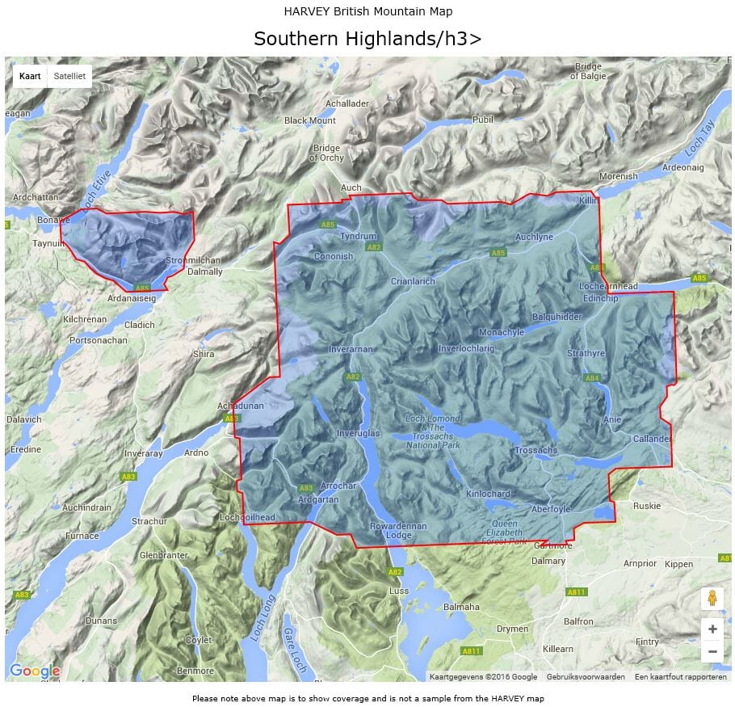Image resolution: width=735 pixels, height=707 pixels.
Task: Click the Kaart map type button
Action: pyautogui.click(x=30, y=76)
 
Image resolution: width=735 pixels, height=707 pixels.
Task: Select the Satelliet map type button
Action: pyautogui.click(x=69, y=76)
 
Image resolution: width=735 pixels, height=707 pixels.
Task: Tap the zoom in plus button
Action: pyautogui.click(x=712, y=629)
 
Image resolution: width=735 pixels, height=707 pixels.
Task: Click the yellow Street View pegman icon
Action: pyautogui.click(x=712, y=598)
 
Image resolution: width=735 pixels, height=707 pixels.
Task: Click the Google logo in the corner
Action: pyautogui.click(x=35, y=671)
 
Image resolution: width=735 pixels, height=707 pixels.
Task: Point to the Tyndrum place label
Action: pyautogui.click(x=358, y=236)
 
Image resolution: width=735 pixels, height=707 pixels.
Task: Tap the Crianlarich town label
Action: pyautogui.click(x=413, y=281)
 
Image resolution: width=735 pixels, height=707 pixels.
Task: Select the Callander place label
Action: pyautogui.click(x=652, y=438)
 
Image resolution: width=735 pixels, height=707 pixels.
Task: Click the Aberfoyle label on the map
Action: pyautogui.click(x=551, y=509)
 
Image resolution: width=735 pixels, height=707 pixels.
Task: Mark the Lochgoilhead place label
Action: pyautogui.click(x=247, y=517)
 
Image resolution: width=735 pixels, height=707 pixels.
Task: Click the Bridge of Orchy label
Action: pyautogui.click(x=326, y=153)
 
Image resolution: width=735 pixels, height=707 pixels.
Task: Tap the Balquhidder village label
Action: pyautogui.click(x=556, y=317)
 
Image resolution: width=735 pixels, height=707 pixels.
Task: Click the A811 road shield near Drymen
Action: pyautogui.click(x=471, y=650)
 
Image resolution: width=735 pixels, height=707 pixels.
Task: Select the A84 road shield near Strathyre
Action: pyautogui.click(x=592, y=377)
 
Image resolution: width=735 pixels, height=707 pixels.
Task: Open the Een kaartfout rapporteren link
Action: pyautogui.click(x=680, y=676)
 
